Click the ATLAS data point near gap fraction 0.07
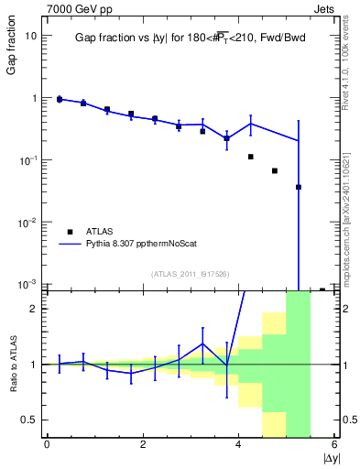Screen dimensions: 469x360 coord(275,170)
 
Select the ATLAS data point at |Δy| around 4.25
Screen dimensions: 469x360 coord(251,157)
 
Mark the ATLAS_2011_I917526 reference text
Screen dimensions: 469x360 coord(189,274)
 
